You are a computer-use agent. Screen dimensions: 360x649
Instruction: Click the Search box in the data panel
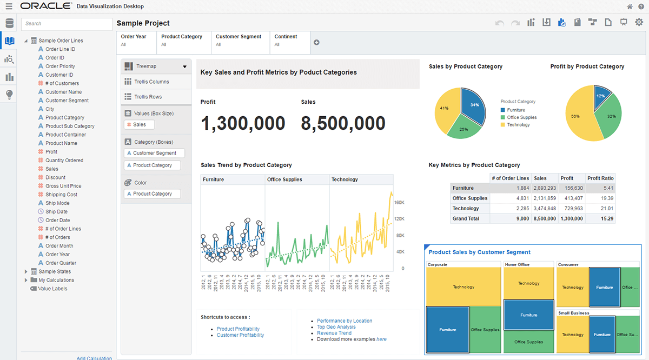(x=66, y=24)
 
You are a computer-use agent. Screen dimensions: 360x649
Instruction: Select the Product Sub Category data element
(x=70, y=126)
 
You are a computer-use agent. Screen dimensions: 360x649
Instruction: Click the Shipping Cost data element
(x=61, y=195)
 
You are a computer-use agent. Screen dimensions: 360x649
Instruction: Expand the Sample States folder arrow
(x=26, y=271)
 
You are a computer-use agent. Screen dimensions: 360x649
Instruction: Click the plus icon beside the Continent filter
(x=317, y=42)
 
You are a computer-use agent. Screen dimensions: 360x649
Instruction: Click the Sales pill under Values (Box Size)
(x=139, y=124)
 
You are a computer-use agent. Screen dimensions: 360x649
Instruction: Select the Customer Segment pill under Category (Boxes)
(x=154, y=153)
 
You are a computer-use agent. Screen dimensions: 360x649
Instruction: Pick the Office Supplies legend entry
(x=521, y=117)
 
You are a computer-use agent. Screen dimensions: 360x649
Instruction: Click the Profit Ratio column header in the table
(x=601, y=178)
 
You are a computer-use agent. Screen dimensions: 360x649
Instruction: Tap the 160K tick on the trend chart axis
(x=399, y=202)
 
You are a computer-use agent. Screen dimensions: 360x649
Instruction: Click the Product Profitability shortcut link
(x=238, y=329)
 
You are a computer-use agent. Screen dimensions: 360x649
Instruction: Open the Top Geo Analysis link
(x=336, y=327)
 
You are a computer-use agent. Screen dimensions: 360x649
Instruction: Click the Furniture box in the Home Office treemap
(x=528, y=315)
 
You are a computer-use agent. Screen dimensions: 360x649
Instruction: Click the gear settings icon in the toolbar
(x=639, y=22)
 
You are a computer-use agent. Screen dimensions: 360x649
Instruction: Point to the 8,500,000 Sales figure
(x=343, y=123)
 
